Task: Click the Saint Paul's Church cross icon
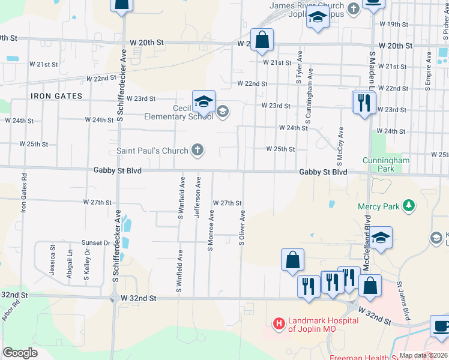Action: point(197,150)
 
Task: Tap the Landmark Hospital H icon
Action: point(279,324)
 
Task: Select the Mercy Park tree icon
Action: point(409,206)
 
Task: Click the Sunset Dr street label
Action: point(96,243)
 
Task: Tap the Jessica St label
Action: point(53,264)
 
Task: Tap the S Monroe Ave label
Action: point(211,231)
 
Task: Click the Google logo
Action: point(20,352)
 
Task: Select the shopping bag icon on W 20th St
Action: point(262,40)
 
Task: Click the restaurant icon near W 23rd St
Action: point(363,103)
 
